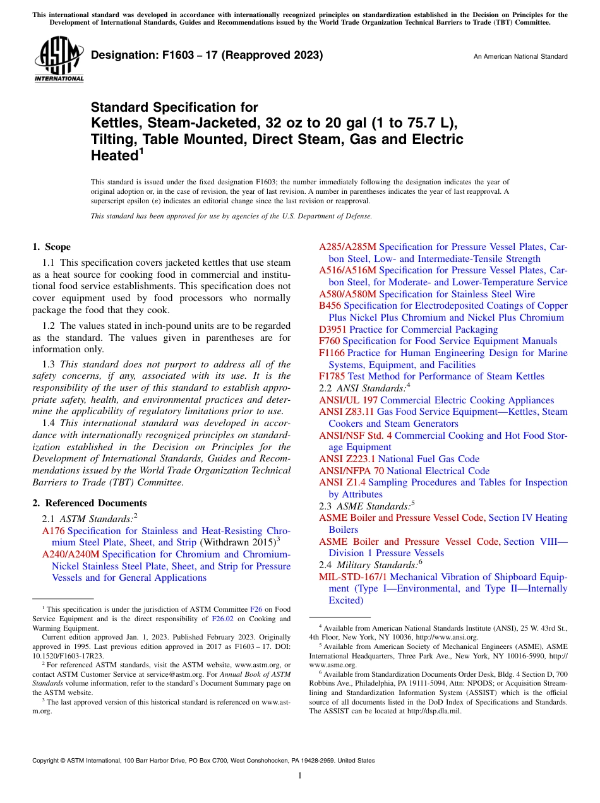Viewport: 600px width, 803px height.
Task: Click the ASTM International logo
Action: pos(58,60)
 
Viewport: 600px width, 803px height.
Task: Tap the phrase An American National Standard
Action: pos(520,57)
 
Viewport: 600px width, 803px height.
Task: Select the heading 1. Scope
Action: pos(52,247)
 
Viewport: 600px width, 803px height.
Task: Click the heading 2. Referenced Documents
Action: pos(90,503)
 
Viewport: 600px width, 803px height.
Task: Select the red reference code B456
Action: pos(330,306)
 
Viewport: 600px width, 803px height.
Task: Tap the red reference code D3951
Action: pos(333,330)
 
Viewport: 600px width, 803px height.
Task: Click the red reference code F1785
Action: pos(332,376)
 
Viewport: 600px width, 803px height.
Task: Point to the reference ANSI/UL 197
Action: pos(348,400)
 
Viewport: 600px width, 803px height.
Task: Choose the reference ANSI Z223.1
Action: pos(347,459)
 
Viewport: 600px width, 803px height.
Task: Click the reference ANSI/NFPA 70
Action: pos(351,471)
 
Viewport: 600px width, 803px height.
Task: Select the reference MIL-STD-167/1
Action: pos(353,577)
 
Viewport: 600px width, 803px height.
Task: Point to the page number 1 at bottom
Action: pos(300,776)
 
